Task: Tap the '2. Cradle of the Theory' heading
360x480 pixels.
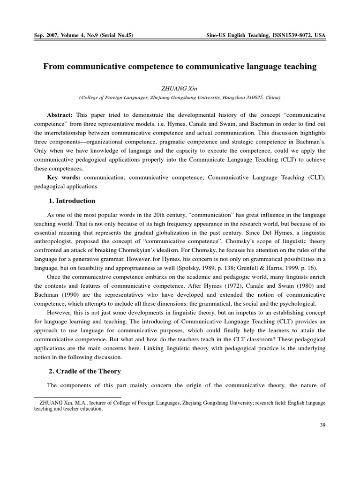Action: tap(85, 371)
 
